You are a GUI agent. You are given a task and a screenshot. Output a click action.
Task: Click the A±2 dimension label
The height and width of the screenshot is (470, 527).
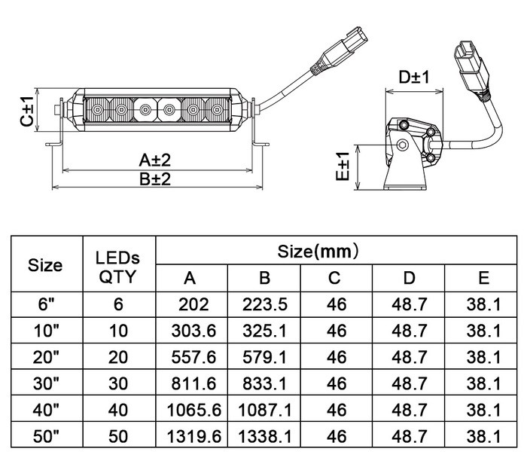pyautogui.click(x=154, y=160)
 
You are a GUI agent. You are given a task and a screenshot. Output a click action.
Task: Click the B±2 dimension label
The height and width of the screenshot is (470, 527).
pyautogui.click(x=155, y=179)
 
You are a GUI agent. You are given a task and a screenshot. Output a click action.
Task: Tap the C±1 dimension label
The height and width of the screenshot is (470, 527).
pyautogui.click(x=27, y=111)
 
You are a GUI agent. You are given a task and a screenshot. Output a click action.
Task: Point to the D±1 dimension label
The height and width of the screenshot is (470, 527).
pyautogui.click(x=414, y=77)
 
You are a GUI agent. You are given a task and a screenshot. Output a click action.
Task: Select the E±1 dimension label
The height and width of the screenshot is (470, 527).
pyautogui.click(x=343, y=166)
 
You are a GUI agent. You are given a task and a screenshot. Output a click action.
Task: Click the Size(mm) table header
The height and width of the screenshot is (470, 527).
pyautogui.click(x=318, y=251)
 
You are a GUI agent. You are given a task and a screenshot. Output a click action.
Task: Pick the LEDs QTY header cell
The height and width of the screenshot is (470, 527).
pyautogui.click(x=117, y=267)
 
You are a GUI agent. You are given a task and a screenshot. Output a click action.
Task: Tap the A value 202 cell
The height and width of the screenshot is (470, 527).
pyautogui.click(x=193, y=304)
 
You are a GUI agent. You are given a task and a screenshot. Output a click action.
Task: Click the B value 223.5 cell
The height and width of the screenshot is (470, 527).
pyautogui.click(x=265, y=304)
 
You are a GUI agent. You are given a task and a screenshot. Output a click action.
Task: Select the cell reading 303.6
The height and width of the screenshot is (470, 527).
pyautogui.click(x=193, y=331)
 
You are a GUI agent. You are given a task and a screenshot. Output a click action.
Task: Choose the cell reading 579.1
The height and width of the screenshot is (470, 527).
pyautogui.click(x=265, y=357)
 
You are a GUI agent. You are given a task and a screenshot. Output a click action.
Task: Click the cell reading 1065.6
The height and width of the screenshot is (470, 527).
pyautogui.click(x=194, y=410)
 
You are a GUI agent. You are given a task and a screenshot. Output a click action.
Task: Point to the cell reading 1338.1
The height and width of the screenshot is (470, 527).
pyautogui.click(x=265, y=436)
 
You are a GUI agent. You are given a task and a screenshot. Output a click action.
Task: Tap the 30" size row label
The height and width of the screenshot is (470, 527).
pyautogui.click(x=47, y=383)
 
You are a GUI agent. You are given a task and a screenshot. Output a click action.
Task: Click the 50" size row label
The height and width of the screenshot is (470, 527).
pyautogui.click(x=47, y=436)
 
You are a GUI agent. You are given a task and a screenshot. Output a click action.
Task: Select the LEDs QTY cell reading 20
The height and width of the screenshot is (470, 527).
pyautogui.click(x=118, y=357)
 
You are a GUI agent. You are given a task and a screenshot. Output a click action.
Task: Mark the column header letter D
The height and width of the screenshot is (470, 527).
pyautogui.click(x=409, y=278)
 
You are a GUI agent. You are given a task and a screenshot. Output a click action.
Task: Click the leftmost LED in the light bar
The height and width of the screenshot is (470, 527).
pyautogui.click(x=97, y=110)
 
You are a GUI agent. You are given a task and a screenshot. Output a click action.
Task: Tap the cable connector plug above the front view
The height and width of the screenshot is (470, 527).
pyautogui.click(x=340, y=50)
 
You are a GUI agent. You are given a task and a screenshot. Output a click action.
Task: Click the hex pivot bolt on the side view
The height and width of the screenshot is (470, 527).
pyautogui.click(x=402, y=145)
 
